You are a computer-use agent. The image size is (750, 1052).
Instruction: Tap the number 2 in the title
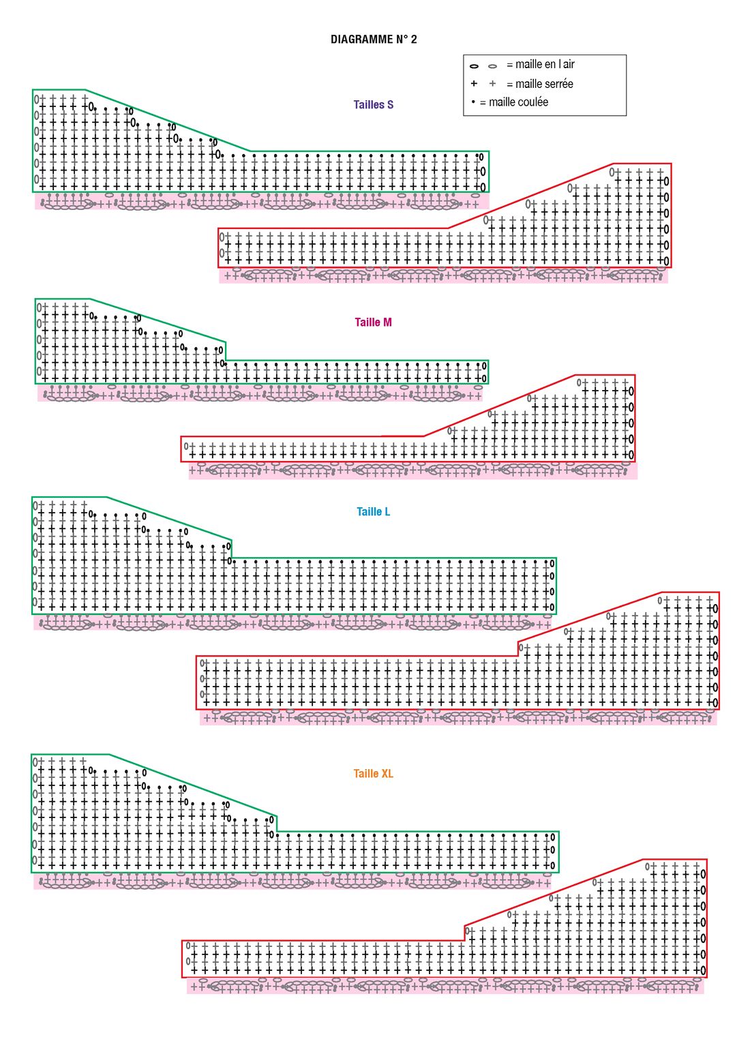coord(413,40)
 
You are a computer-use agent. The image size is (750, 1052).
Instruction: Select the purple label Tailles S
coord(373,104)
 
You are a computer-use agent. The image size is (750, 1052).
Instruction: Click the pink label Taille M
coord(373,322)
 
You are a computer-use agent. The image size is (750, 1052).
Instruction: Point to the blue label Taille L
coord(373,512)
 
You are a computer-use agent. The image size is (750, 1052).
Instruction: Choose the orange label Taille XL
coord(373,774)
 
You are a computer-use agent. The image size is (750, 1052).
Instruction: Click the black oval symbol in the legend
coord(474,66)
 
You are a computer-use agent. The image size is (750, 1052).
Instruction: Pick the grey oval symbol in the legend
coord(492,66)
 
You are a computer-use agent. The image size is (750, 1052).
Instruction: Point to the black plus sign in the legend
coord(474,84)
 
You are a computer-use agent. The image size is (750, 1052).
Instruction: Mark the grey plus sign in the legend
coord(492,84)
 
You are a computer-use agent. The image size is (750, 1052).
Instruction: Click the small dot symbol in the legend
coord(473,102)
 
